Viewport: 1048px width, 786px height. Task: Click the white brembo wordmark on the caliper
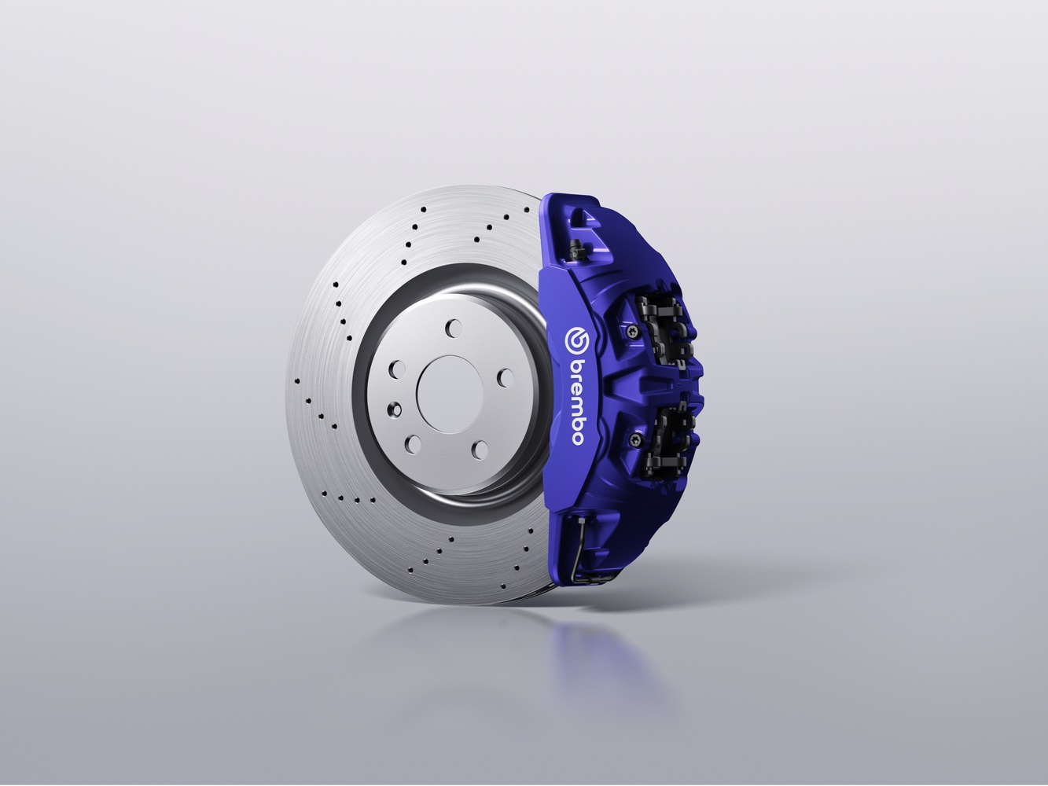[x=577, y=402]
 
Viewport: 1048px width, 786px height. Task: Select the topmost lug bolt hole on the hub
[x=454, y=329]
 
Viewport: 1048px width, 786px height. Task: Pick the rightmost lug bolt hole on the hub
[x=506, y=378]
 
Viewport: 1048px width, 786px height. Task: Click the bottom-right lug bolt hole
[x=480, y=450]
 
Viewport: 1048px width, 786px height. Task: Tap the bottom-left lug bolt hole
[x=413, y=445]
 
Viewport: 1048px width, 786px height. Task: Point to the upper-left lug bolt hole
[x=397, y=369]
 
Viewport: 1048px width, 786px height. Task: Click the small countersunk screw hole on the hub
[x=395, y=410]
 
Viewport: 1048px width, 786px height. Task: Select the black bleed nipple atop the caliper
[x=575, y=249]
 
